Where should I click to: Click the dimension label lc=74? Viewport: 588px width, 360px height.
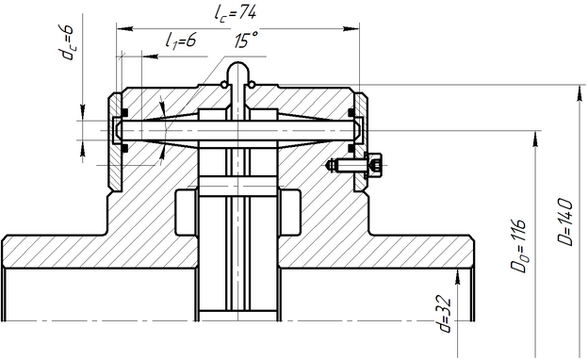pyautogui.click(x=236, y=14)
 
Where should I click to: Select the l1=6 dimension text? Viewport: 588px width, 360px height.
pyautogui.click(x=181, y=40)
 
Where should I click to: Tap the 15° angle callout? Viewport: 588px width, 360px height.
pyautogui.click(x=246, y=40)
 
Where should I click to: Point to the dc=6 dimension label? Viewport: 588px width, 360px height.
pyautogui.click(x=66, y=42)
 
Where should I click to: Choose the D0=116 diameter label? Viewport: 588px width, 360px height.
pyautogui.click(x=518, y=246)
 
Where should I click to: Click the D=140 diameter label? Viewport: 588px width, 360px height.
pyautogui.click(x=565, y=222)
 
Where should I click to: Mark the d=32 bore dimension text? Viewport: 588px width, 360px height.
pyautogui.click(x=445, y=314)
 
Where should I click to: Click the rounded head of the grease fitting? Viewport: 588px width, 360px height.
pyautogui.click(x=238, y=70)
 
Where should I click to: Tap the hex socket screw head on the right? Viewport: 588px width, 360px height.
pyautogui.click(x=374, y=165)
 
